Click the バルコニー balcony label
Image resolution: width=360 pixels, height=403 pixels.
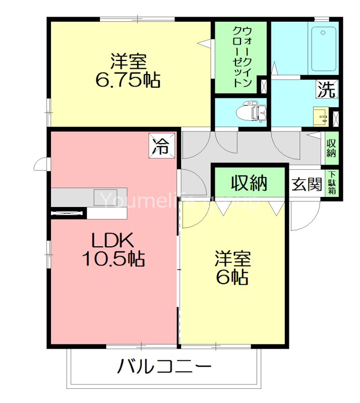point(164,366)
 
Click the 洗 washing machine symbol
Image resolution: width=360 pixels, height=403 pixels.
point(326,90)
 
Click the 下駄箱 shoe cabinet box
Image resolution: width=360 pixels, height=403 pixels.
point(332,183)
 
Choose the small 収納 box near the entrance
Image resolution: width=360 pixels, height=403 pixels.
point(331,148)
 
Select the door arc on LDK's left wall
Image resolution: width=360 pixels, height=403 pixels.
point(40,164)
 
